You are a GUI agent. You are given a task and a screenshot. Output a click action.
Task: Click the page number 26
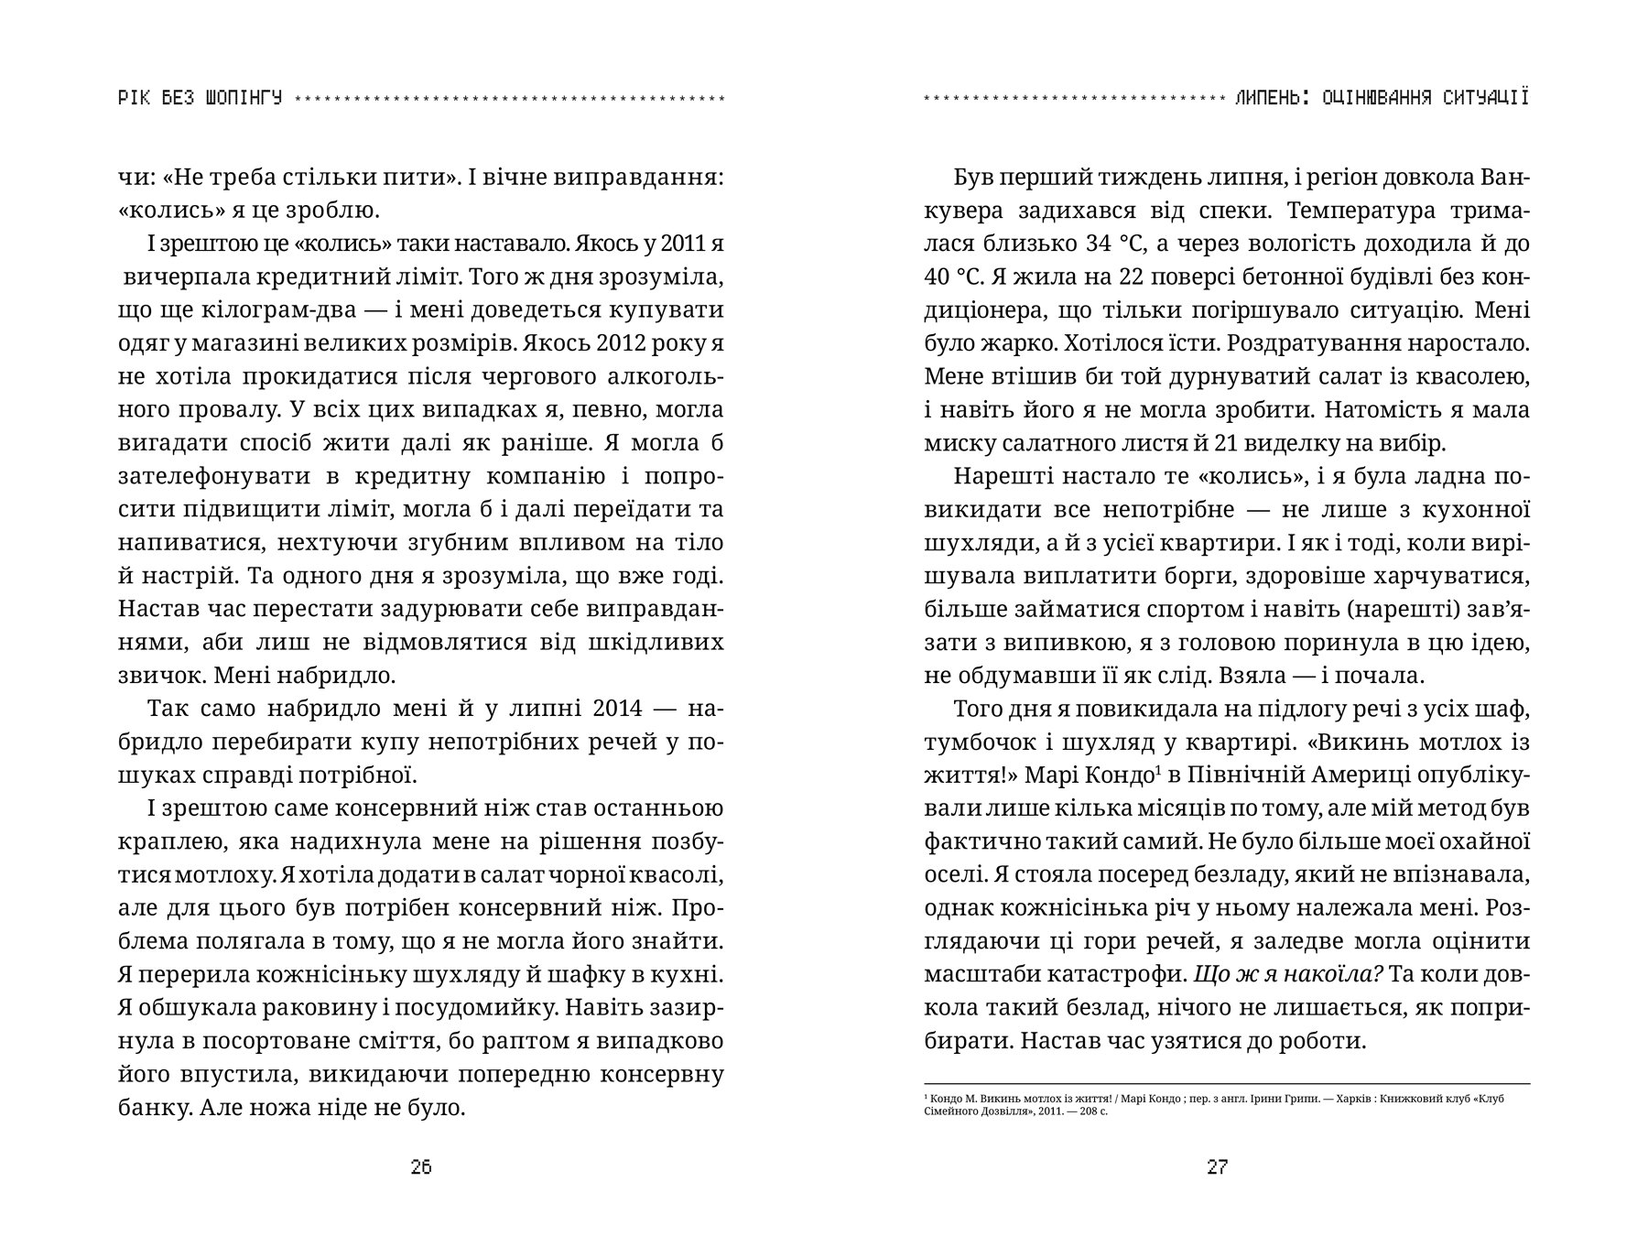421,1167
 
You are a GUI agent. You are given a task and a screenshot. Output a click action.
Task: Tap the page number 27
1218,1167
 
